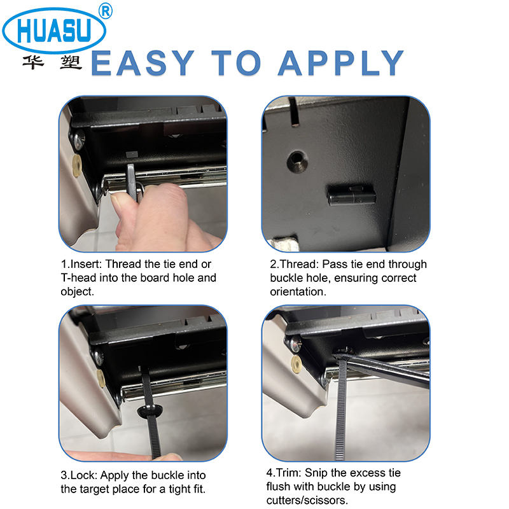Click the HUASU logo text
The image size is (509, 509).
click(54, 31)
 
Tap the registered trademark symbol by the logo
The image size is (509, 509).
click(105, 11)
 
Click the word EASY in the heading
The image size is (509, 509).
click(143, 63)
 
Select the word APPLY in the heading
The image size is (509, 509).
click(341, 63)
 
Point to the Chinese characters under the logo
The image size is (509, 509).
click(52, 62)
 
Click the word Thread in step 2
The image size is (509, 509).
click(299, 264)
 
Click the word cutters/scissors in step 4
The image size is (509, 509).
click(307, 500)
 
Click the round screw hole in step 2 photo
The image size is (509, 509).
click(297, 162)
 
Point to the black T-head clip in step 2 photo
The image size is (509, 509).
click(352, 195)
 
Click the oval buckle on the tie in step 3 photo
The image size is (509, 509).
click(150, 410)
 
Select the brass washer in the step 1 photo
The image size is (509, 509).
click(76, 165)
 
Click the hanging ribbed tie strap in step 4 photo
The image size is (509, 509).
click(340, 410)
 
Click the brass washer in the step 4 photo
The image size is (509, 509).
click(296, 363)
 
